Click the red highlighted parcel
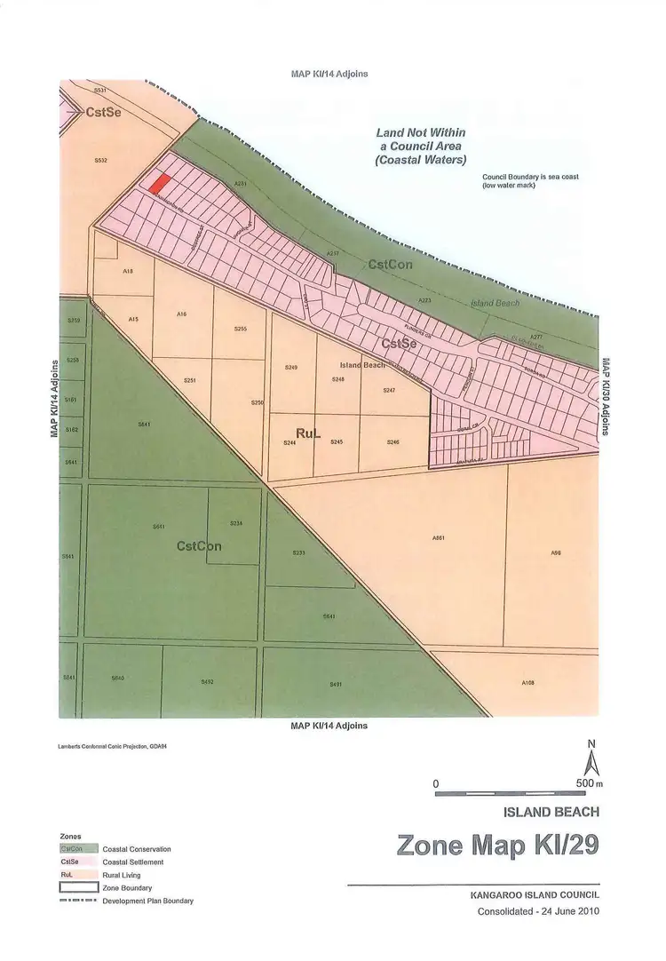[159, 184]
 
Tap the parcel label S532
[100, 160]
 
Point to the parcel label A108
[527, 683]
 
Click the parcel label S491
[336, 683]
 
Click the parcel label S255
[240, 329]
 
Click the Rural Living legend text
[122, 875]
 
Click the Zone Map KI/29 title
[498, 844]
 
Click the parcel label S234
[236, 523]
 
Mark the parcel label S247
[389, 391]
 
